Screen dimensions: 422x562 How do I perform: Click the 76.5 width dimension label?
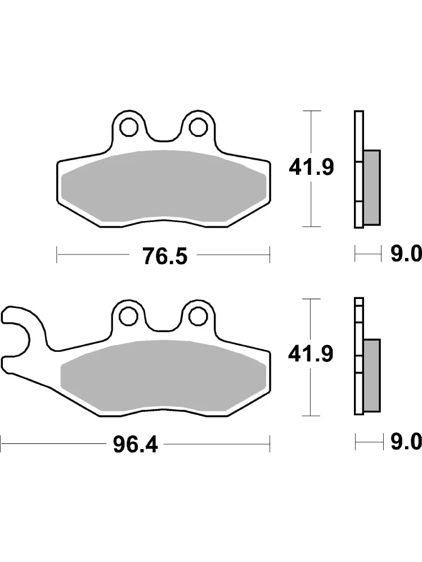pyautogui.click(x=165, y=256)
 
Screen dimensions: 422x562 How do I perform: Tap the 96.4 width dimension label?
pyautogui.click(x=135, y=445)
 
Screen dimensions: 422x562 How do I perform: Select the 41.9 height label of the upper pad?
pyautogui.click(x=312, y=167)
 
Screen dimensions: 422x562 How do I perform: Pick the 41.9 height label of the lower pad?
pyautogui.click(x=311, y=353)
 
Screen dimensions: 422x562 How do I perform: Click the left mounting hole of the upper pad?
pyautogui.click(x=129, y=126)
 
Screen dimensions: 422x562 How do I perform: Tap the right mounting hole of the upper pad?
pyautogui.click(x=199, y=126)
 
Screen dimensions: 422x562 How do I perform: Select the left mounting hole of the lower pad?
pyautogui.click(x=129, y=315)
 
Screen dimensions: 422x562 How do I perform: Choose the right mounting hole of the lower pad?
pyautogui.click(x=199, y=315)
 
